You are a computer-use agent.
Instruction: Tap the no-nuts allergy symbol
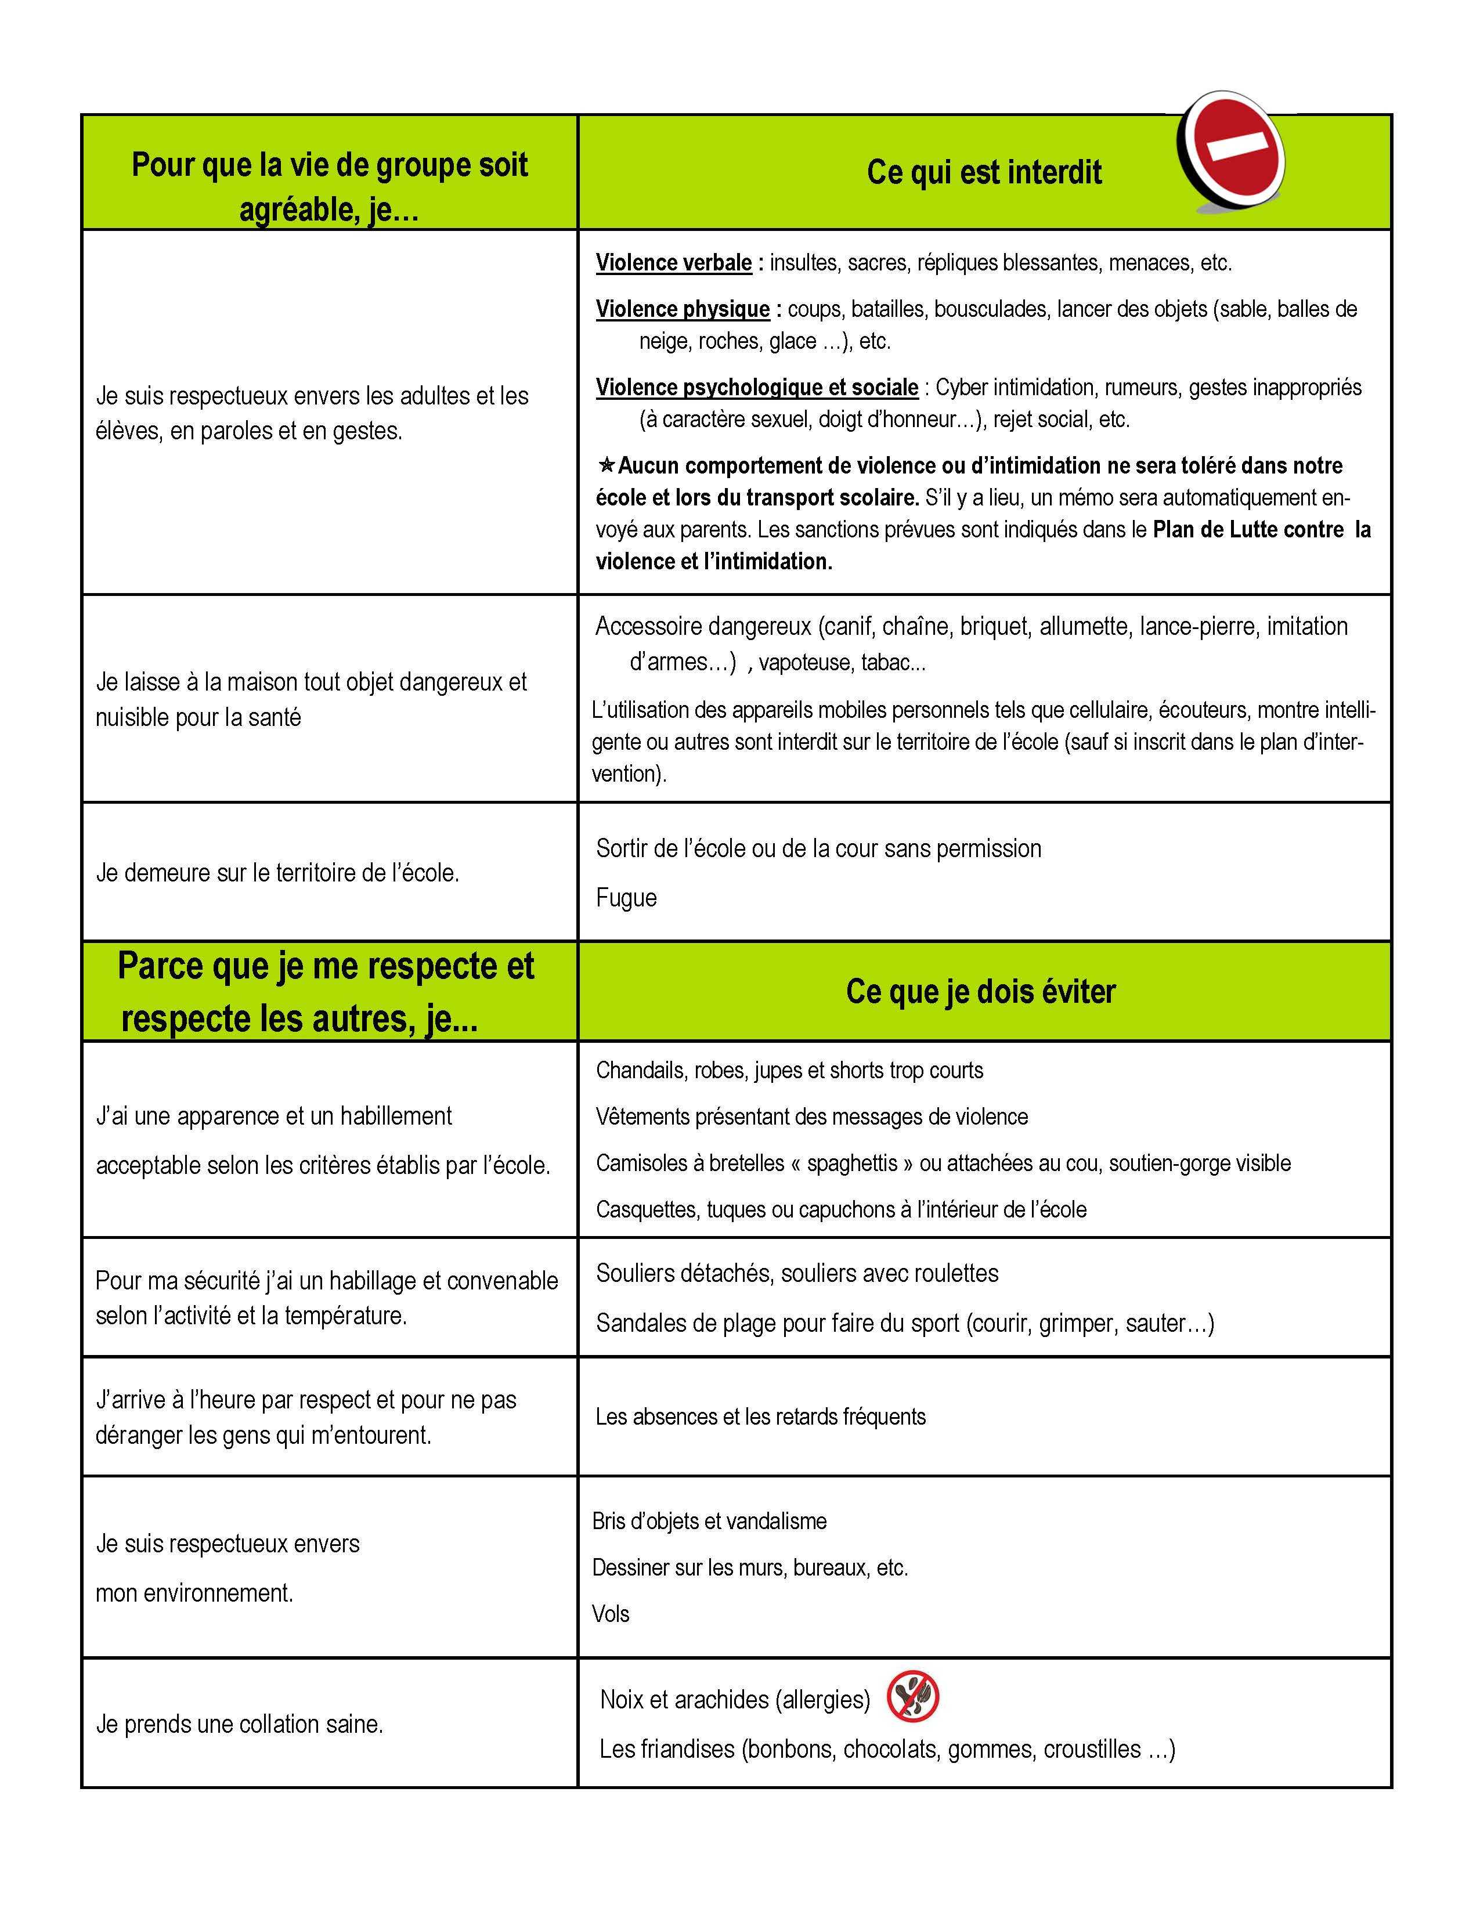[913, 1696]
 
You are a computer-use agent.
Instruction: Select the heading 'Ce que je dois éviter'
[980, 992]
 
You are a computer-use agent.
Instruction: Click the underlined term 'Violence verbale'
[673, 263]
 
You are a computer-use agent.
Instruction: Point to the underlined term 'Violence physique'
[682, 309]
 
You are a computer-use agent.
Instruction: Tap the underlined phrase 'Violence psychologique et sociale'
[757, 388]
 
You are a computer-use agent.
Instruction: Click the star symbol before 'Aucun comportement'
[606, 465]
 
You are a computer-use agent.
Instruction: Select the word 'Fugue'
[626, 898]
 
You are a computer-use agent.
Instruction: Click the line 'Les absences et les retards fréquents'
[760, 1417]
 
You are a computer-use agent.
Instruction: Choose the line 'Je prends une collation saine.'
[239, 1724]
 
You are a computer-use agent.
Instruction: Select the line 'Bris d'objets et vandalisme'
[709, 1522]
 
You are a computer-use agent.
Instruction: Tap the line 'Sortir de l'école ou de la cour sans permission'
[818, 849]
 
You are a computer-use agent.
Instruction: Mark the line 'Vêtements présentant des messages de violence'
[811, 1117]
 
